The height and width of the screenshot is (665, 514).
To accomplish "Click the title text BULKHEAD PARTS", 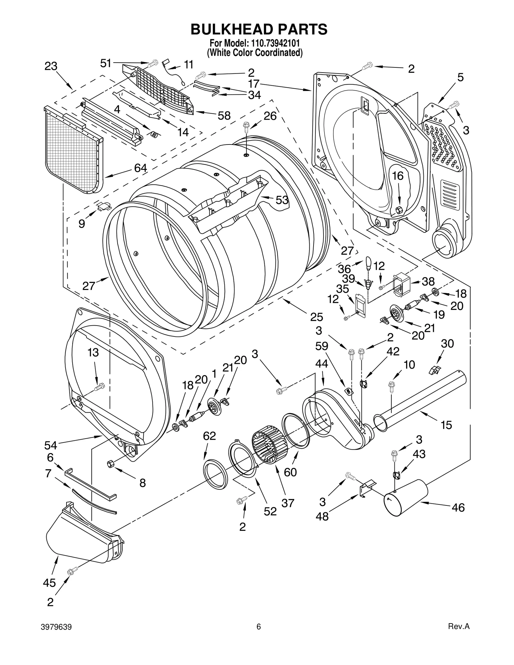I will [x=259, y=29].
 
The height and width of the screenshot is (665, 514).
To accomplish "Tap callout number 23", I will [x=51, y=66].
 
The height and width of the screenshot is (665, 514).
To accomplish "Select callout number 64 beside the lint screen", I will [x=140, y=168].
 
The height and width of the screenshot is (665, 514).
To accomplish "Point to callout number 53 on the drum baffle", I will [x=282, y=200].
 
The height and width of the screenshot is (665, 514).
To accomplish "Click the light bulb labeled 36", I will [x=368, y=263].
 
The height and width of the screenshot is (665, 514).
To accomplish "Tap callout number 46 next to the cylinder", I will [x=458, y=507].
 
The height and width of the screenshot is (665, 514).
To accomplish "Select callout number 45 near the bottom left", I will [x=49, y=583].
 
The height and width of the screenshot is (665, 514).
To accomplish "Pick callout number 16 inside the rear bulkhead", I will [x=398, y=176].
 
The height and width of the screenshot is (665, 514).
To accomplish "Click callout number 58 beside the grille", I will [x=224, y=116].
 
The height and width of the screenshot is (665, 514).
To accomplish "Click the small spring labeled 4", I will [x=154, y=135].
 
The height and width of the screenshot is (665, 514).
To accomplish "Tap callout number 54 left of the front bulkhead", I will [x=51, y=445].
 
